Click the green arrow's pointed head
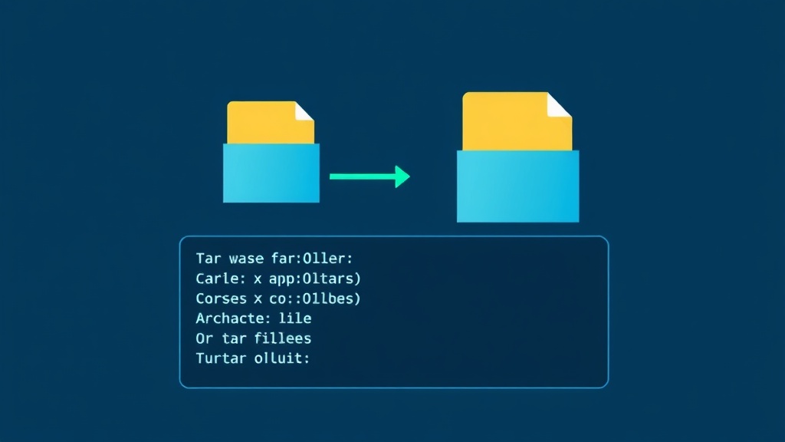pos(402,176)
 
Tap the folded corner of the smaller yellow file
pos(304,111)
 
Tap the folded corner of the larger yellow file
pos(560,105)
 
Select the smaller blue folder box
pos(271,173)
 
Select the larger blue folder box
pos(517,186)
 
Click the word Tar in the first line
pos(207,259)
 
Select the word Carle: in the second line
pos(218,279)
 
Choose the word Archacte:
pos(230,318)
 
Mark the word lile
pos(296,318)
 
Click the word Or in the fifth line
pos(203,338)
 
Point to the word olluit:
pos(281,358)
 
